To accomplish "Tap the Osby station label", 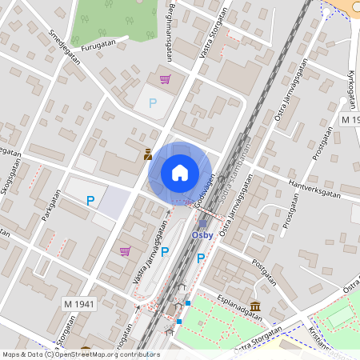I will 202,235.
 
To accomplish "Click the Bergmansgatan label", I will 169,35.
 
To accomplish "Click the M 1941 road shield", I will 79,304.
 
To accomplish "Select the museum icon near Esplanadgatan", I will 254,306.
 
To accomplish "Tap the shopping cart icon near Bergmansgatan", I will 165,78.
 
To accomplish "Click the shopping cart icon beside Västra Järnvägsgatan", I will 125,250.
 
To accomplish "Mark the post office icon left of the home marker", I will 148,155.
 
